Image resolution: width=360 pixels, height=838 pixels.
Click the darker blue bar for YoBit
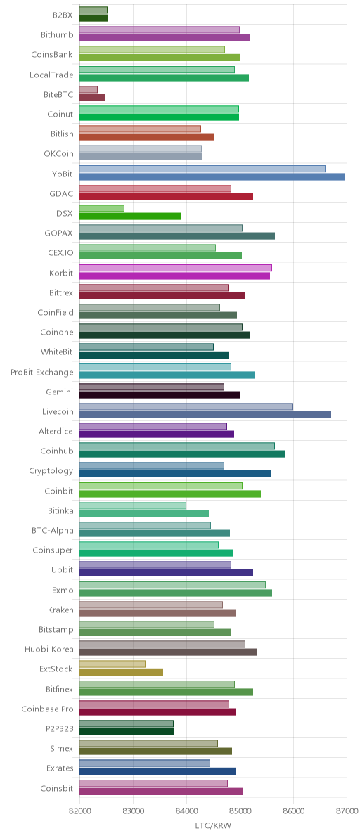212,177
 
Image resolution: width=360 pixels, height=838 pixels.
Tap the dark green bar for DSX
130,217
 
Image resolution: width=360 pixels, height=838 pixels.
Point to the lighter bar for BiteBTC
89,89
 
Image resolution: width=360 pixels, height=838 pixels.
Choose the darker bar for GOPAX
177,236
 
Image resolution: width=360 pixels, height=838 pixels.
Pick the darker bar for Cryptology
175,474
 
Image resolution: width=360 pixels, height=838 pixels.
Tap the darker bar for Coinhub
182,453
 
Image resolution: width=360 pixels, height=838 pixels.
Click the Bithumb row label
57,36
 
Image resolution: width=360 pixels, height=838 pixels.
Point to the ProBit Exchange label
42,373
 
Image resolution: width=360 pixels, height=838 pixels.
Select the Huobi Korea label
49,650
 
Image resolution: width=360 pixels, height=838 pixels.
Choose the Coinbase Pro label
48,709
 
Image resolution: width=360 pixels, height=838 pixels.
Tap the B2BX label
63,15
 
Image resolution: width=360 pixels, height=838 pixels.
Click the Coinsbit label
57,788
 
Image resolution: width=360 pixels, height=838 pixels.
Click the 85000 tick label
240,811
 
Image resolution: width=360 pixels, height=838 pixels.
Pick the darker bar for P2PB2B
127,731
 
